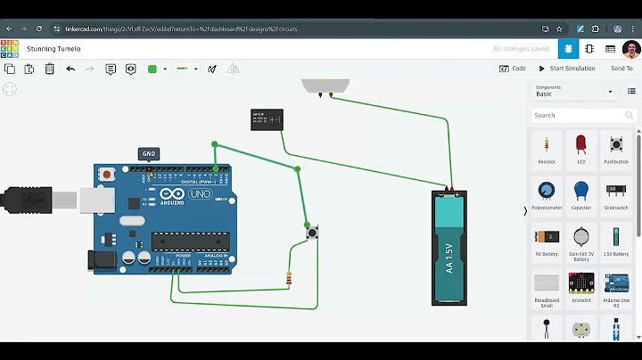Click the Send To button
click(x=621, y=69)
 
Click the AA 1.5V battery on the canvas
click(x=449, y=249)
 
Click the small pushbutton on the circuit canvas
click(x=313, y=233)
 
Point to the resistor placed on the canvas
click(x=288, y=279)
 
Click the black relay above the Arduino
click(x=267, y=119)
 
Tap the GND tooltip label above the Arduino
click(x=149, y=154)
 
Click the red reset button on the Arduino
click(x=107, y=175)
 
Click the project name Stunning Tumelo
click(x=53, y=49)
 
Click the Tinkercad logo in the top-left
click(x=10, y=48)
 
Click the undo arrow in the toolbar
click(x=70, y=69)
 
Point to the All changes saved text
click(x=521, y=49)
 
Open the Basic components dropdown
click(x=574, y=91)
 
